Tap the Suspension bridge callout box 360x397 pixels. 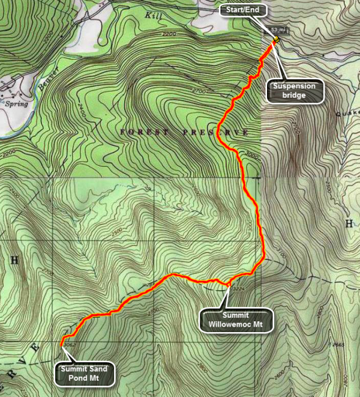(x=295, y=91)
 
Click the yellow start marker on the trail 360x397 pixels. (x=276, y=40)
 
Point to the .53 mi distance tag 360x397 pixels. (x=277, y=29)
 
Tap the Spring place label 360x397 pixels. (x=13, y=103)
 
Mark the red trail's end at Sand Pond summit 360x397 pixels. (x=62, y=344)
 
